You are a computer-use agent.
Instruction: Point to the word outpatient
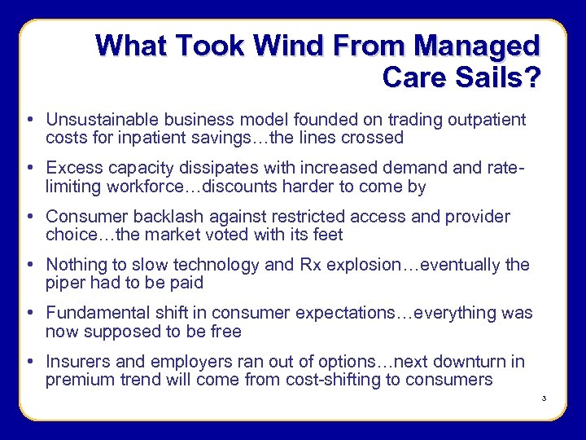(x=487, y=120)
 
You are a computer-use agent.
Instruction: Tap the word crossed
(x=372, y=138)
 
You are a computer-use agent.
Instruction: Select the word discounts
(x=206, y=186)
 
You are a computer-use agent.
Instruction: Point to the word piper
(x=67, y=283)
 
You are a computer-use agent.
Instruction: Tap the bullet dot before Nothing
(x=29, y=265)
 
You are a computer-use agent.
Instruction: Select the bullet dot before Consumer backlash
(x=29, y=217)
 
